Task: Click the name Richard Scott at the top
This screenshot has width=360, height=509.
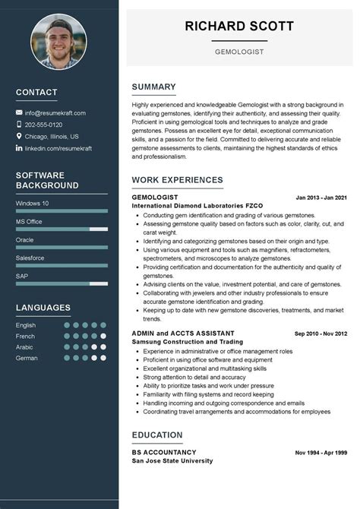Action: pos(238,26)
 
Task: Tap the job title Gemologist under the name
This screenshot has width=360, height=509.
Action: pos(239,52)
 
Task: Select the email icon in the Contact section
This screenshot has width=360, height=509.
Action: pos(19,112)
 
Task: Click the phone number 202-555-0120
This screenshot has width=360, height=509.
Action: pos(43,125)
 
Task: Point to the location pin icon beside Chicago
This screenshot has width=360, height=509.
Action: pos(19,136)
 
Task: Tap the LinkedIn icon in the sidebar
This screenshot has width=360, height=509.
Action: pos(19,148)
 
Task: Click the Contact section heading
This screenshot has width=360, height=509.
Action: pos(36,92)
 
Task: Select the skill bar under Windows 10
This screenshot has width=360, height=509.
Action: pos(62,210)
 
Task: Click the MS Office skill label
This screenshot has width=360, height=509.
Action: pos(29,221)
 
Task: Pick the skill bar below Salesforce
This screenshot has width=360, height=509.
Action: pos(62,265)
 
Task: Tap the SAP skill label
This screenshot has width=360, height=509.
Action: pos(22,276)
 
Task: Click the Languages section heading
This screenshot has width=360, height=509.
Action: pos(43,308)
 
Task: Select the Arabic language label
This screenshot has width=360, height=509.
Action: pos(25,346)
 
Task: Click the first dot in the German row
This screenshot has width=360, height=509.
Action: pos(67,357)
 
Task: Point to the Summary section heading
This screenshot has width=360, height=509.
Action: pos(153,87)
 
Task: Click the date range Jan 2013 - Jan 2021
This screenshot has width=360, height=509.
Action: pos(321,198)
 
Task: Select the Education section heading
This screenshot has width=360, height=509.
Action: pos(156,435)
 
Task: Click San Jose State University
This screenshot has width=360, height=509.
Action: pos(172,460)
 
